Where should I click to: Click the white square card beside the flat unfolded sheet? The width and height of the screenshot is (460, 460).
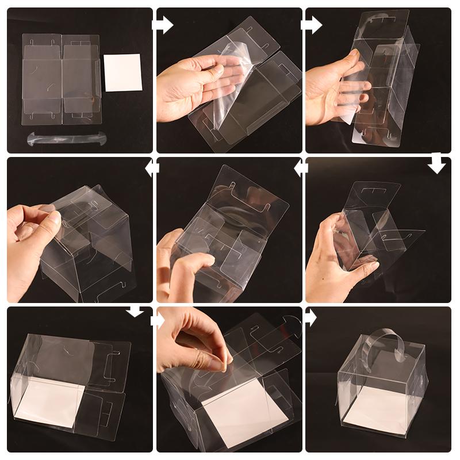[x=123, y=72]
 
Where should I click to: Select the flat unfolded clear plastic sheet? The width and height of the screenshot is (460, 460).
[x=61, y=78]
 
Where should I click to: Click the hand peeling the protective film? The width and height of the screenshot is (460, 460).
[x=193, y=86]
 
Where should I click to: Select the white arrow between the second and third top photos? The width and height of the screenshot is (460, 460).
[x=311, y=25]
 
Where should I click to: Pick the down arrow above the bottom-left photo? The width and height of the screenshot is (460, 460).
[x=135, y=311]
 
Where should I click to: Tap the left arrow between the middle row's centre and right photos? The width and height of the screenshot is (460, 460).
[x=301, y=168]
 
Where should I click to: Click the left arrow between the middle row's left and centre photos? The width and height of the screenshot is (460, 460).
[x=152, y=168]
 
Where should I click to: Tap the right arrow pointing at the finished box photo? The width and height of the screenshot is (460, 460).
[x=310, y=317]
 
